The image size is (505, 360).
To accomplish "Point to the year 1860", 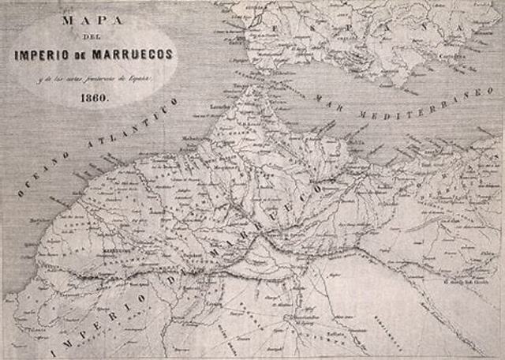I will [94, 99].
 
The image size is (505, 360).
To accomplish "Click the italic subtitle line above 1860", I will [94, 80].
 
